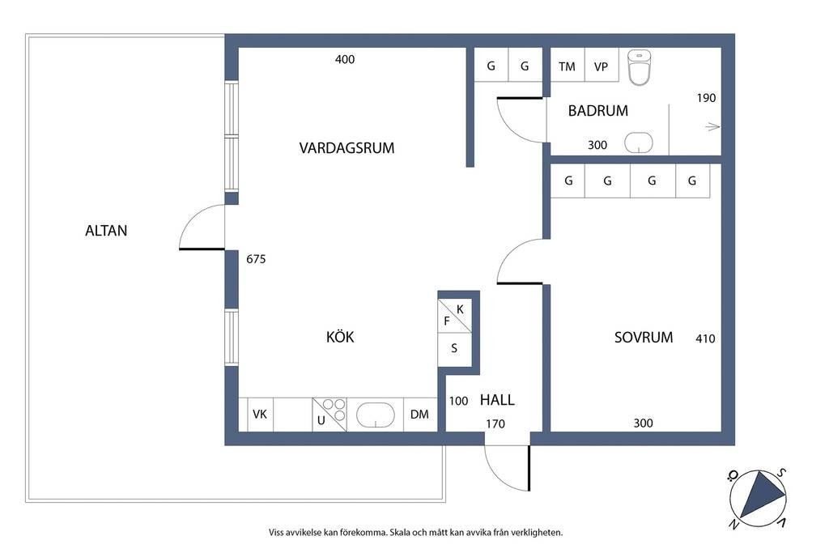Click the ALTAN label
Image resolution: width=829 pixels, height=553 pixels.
[x=106, y=231]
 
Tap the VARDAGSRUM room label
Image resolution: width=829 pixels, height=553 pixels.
[x=346, y=148]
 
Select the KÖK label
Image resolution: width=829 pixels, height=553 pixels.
[x=340, y=337]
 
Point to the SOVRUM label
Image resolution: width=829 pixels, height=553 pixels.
[x=644, y=338]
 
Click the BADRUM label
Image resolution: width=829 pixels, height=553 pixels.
[x=598, y=111]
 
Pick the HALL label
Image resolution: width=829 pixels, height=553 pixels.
[x=497, y=400]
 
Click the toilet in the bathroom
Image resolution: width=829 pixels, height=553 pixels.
[x=640, y=67]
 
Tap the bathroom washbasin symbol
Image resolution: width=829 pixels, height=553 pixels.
[x=639, y=143]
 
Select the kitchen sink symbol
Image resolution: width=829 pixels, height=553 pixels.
[x=376, y=415]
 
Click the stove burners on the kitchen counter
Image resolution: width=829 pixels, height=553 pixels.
[x=334, y=410]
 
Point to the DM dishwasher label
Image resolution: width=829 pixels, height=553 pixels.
[x=419, y=415]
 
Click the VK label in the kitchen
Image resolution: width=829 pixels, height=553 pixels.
[x=260, y=415]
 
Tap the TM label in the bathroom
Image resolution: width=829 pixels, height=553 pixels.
[x=567, y=67]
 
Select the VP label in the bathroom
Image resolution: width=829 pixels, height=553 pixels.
[x=601, y=67]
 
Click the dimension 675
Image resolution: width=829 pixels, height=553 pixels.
[x=256, y=259]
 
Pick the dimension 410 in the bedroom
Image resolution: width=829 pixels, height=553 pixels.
[x=705, y=339]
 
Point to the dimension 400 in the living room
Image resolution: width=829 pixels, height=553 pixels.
[x=345, y=60]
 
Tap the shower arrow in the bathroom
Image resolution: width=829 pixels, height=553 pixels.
[x=712, y=127]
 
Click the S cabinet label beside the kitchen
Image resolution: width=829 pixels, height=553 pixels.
[x=454, y=348]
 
